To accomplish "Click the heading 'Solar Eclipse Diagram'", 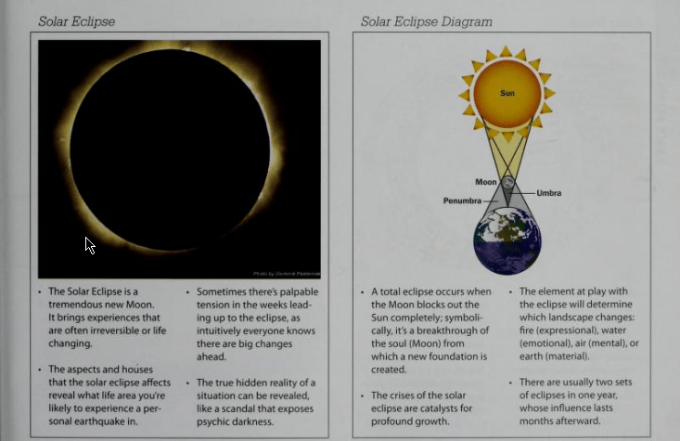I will (x=426, y=21).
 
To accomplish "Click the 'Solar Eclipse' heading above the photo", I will (x=76, y=20).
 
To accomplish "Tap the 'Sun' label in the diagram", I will (x=507, y=93).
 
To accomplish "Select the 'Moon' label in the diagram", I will (x=486, y=181).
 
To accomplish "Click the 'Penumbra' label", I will (x=461, y=200).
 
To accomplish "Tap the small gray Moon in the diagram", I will (x=507, y=183).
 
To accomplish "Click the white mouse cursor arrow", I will (x=90, y=245).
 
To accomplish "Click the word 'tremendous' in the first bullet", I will (x=79, y=305).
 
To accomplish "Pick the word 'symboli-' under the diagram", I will (x=471, y=318).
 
